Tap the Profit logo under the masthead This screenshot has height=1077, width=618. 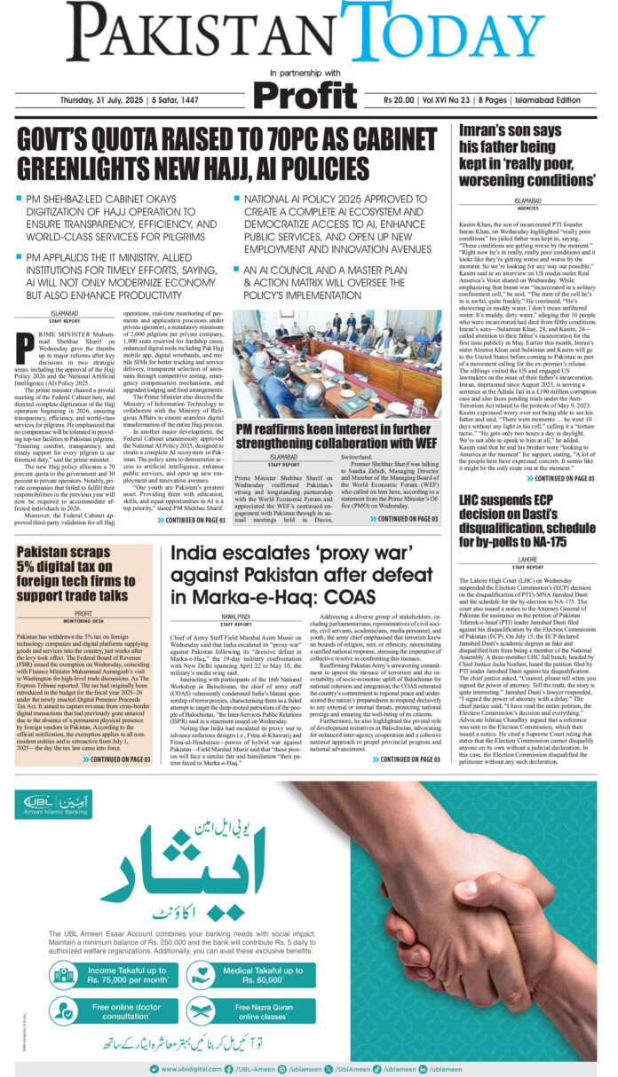305,95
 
